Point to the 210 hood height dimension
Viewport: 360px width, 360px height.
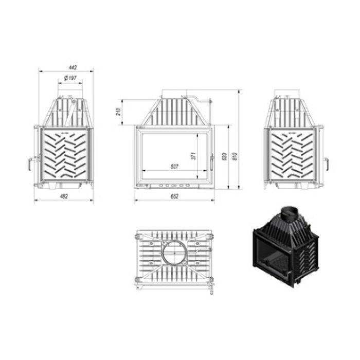click(x=119, y=111)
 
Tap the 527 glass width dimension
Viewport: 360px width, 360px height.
click(x=175, y=166)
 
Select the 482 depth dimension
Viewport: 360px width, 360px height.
click(x=63, y=196)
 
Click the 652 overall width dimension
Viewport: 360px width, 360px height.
click(x=174, y=196)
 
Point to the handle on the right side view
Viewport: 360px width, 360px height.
click(x=327, y=165)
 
